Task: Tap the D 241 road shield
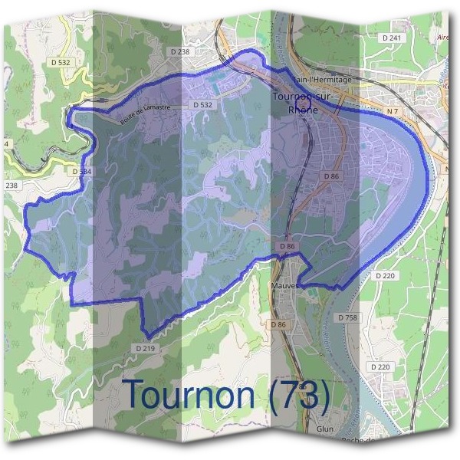tap(391, 38)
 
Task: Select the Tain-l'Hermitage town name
tap(322, 79)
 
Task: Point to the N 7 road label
tap(393, 111)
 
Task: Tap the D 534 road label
tap(81, 172)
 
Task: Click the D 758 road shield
tap(347, 317)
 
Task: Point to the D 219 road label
tap(145, 347)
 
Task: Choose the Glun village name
tap(324, 429)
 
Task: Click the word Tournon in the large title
tap(189, 394)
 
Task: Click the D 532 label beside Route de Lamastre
tap(202, 104)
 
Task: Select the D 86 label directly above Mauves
tap(287, 245)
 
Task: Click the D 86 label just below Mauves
tap(278, 325)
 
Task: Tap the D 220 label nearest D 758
tap(383, 274)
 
